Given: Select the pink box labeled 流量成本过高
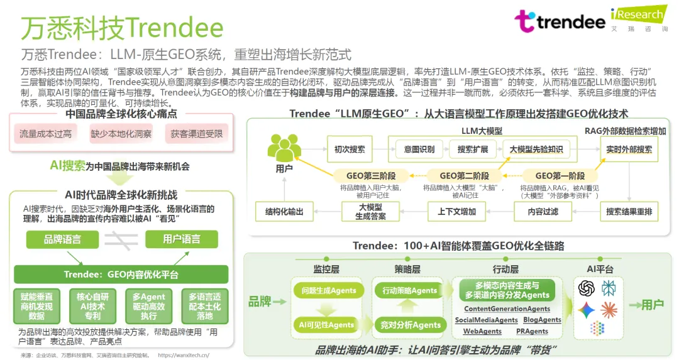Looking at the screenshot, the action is (x=45, y=134).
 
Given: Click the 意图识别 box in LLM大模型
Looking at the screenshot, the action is (x=419, y=150).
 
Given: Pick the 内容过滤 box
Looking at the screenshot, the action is (x=543, y=212).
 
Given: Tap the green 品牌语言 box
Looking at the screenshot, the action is (x=62, y=239).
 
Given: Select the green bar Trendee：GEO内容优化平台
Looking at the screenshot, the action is (x=121, y=275).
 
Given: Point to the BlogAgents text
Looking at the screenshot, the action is (x=542, y=320).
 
